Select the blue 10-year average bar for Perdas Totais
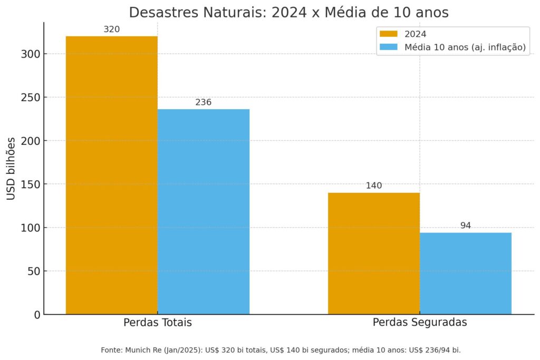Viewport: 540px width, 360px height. (x=203, y=211)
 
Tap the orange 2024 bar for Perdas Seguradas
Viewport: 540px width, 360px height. (x=373, y=253)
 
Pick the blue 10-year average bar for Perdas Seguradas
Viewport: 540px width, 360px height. (x=465, y=273)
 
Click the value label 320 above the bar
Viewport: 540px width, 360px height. (x=111, y=30)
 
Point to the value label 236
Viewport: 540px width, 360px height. (x=203, y=102)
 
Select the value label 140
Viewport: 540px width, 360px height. (x=373, y=186)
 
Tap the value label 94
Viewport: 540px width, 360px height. (x=465, y=226)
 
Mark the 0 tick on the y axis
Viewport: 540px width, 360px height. (x=36, y=315)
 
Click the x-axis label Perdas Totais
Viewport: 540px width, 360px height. (x=157, y=323)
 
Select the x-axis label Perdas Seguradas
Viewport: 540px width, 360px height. (x=419, y=323)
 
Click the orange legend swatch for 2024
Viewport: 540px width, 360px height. (x=389, y=34)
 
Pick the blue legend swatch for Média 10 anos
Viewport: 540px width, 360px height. (x=389, y=47)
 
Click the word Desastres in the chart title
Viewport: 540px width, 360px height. (x=161, y=13)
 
